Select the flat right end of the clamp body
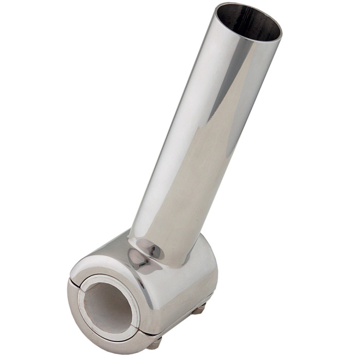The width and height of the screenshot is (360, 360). (x=206, y=273)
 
